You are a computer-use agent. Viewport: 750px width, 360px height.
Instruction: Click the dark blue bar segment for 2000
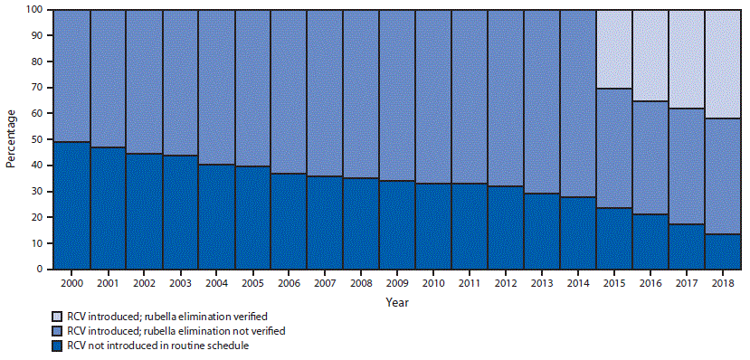click(71, 205)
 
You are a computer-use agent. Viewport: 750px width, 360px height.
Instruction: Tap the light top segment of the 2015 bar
click(613, 50)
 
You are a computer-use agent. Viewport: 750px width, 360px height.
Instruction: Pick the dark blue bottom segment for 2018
click(722, 251)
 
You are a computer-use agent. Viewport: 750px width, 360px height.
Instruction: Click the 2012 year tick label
click(505, 283)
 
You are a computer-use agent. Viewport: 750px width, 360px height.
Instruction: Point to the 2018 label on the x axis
click(722, 283)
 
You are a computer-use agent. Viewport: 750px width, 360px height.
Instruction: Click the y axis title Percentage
click(12, 139)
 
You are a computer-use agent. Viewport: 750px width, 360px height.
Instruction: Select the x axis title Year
click(396, 303)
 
